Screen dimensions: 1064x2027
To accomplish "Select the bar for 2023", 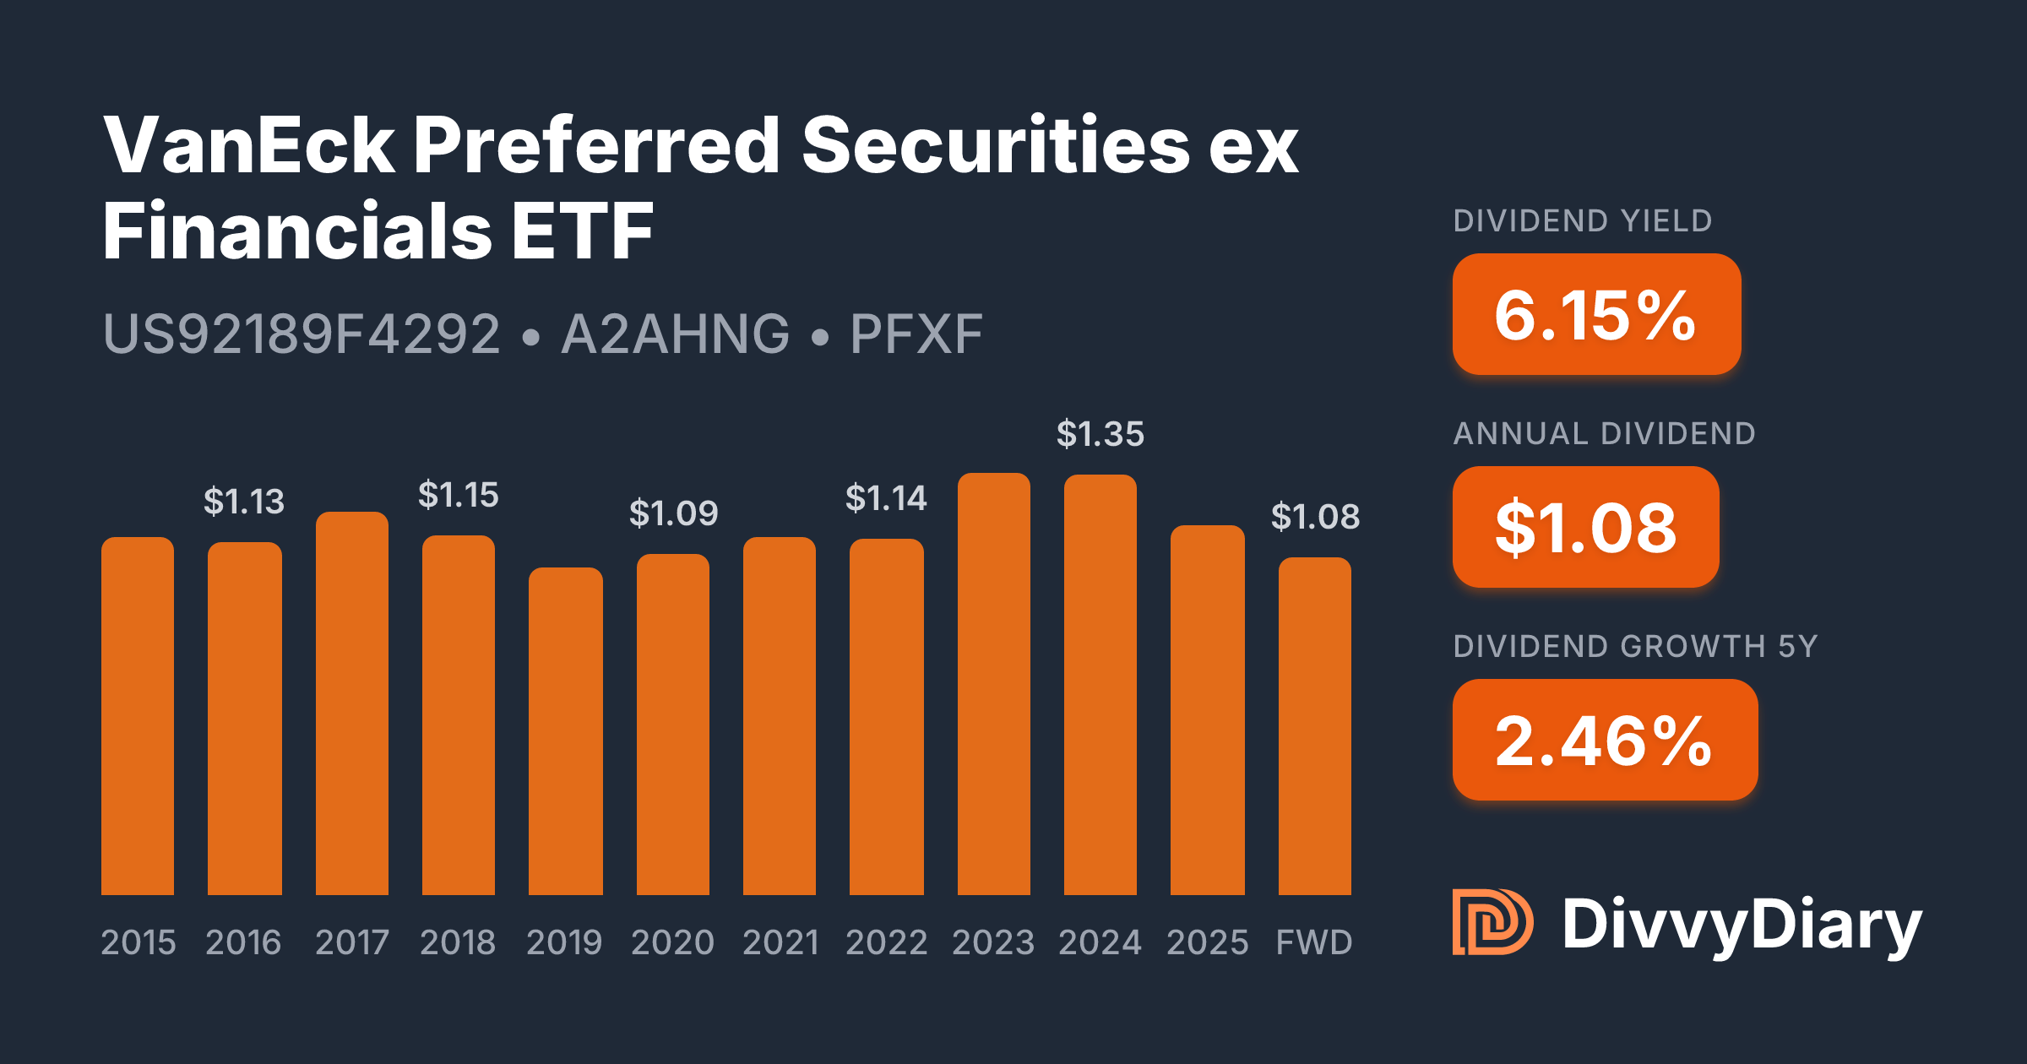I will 993,684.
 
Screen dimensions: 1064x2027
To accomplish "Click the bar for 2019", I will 565,731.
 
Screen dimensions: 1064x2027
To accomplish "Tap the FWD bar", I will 1314,726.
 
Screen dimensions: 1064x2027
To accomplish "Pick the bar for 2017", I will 351,703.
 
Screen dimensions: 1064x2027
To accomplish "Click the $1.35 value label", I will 1100,434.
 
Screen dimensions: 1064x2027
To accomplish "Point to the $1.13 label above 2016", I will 243,502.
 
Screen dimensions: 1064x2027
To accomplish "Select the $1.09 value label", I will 673,513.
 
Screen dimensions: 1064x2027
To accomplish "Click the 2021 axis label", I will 780,942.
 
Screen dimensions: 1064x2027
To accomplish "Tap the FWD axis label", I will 1313,942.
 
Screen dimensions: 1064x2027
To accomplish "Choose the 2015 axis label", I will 138,942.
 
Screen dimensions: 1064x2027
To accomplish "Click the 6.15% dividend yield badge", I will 1595,314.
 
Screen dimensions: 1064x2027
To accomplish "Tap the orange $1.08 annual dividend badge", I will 1585,527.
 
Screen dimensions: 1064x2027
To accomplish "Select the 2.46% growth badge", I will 1604,740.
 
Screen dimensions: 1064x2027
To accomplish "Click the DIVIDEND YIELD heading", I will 1582,221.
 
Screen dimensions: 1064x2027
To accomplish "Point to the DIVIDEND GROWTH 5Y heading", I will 1634,647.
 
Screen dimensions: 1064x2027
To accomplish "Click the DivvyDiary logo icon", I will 1492,922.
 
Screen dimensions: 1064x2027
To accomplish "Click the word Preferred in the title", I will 596,145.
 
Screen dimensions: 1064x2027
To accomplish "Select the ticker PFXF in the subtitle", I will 916,334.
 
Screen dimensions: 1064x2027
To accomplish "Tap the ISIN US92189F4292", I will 302,334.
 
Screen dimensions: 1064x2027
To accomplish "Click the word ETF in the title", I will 582,231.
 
